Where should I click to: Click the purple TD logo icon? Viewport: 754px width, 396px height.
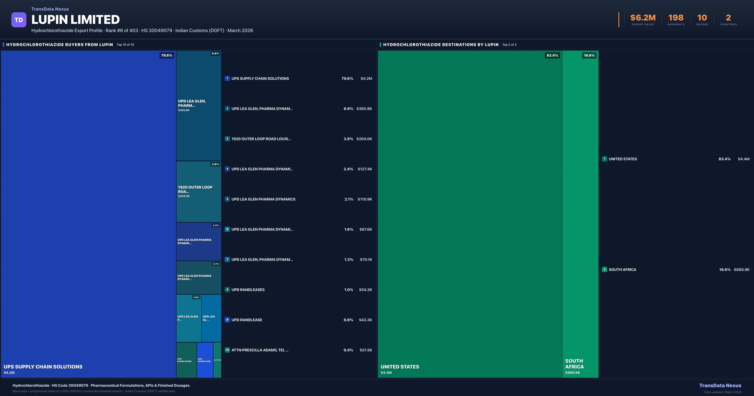[19, 20]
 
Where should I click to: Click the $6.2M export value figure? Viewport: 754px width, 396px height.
[643, 18]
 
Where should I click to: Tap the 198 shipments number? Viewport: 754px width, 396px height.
[676, 18]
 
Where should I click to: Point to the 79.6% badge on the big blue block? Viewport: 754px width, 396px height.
[167, 55]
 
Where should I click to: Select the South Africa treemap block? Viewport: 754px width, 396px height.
[580, 214]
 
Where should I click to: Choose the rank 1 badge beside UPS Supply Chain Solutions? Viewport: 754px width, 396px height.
[227, 79]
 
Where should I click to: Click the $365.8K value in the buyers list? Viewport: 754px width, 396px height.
[364, 109]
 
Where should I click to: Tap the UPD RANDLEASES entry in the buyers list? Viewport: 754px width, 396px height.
[248, 290]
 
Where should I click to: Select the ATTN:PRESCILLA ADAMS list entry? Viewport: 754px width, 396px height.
[260, 350]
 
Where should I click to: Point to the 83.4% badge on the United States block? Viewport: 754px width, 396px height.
[552, 55]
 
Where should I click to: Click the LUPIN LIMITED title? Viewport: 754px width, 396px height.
[76, 20]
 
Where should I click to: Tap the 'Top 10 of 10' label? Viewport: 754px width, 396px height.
[125, 45]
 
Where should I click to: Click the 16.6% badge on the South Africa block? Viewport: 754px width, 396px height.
[589, 55]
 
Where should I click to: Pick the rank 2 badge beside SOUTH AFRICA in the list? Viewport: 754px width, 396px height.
[604, 269]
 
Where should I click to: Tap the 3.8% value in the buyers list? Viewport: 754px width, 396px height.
[348, 139]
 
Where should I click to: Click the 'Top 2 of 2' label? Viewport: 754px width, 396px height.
[509, 45]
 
